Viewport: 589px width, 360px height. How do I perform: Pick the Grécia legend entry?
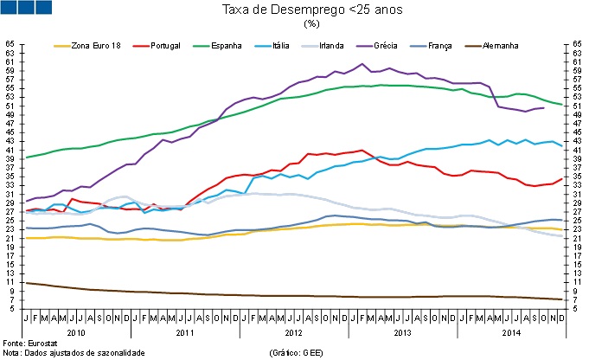tap(383, 44)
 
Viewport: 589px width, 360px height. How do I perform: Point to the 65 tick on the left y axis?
tap(10, 43)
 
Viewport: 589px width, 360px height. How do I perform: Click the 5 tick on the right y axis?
tap(577, 308)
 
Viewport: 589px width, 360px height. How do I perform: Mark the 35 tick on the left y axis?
tap(10, 176)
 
